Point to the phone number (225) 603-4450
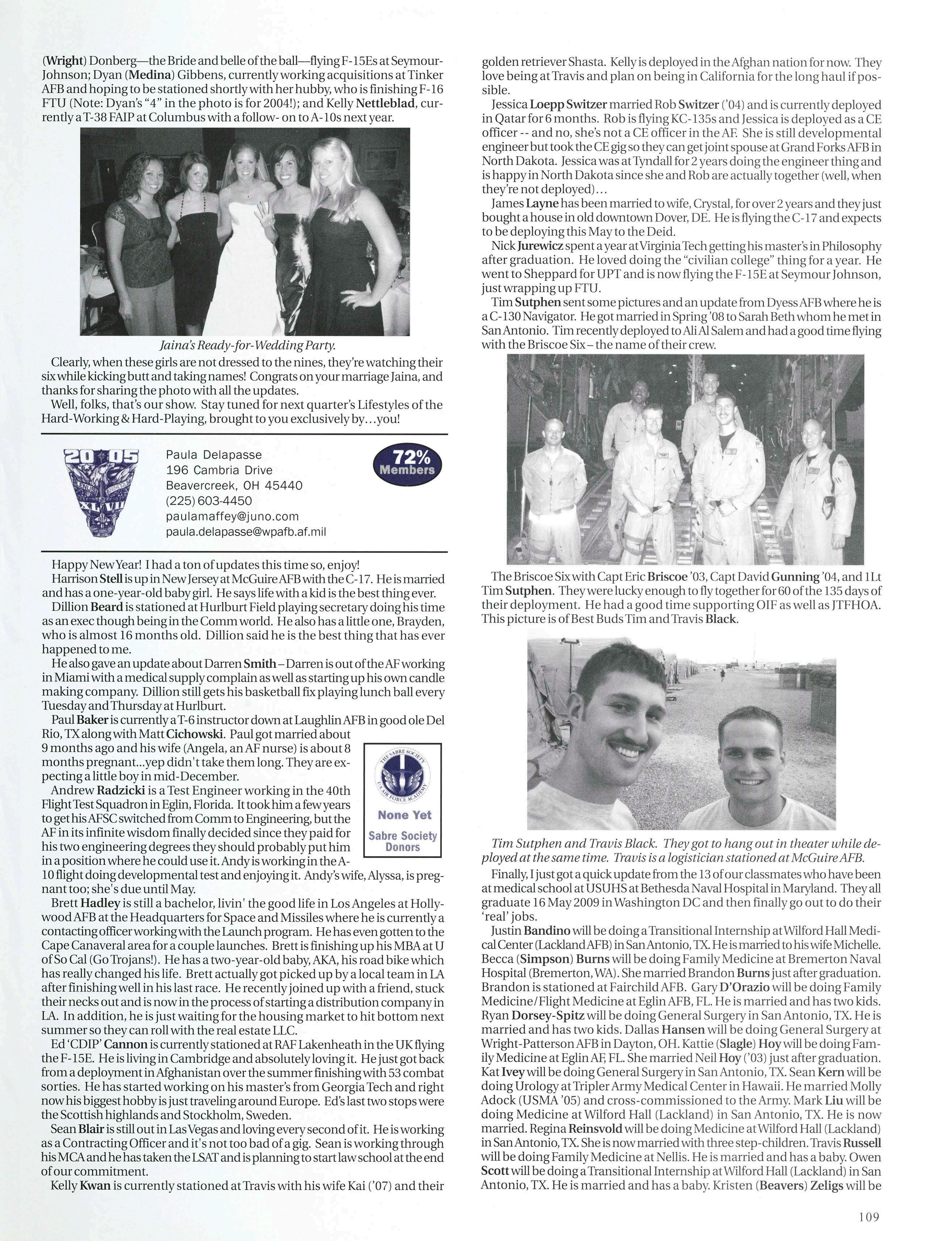click(209, 500)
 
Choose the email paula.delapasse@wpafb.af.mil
click(246, 531)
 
